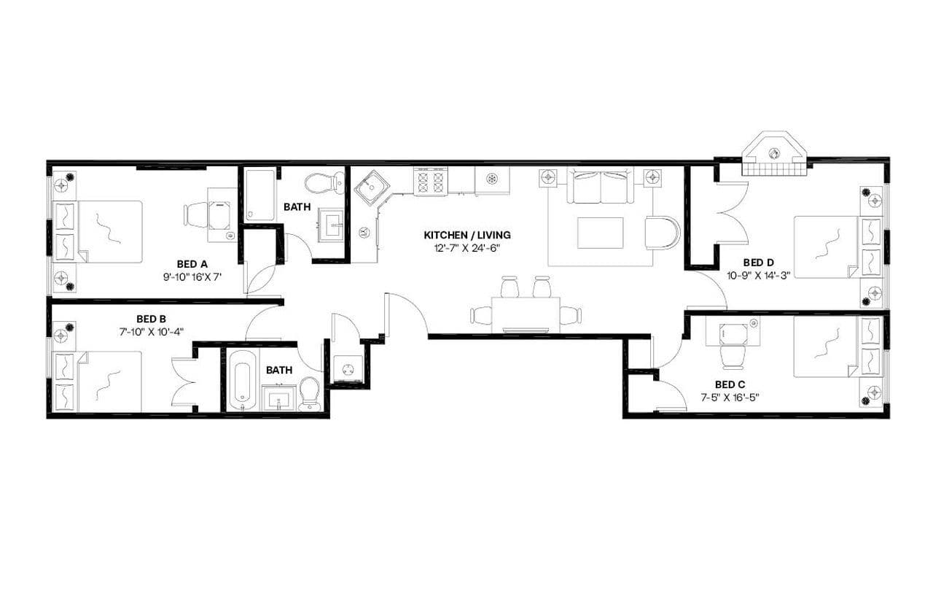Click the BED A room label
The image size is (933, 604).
point(192,263)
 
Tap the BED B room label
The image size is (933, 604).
point(152,319)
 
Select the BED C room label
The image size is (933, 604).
point(730,384)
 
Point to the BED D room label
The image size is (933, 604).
point(758,263)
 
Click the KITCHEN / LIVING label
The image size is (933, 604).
point(467,235)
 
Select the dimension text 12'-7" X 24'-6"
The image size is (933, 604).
point(467,248)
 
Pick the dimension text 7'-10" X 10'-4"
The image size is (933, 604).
point(152,331)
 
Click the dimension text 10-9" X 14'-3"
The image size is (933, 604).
point(758,275)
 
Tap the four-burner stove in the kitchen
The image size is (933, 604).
point(430,182)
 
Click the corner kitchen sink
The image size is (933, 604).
point(370,187)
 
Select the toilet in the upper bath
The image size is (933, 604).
point(325,181)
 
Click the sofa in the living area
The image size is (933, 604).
point(601,187)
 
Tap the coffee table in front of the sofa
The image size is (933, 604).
point(601,233)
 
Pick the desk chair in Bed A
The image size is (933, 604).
point(198,214)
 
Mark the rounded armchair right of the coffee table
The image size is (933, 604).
point(662,233)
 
